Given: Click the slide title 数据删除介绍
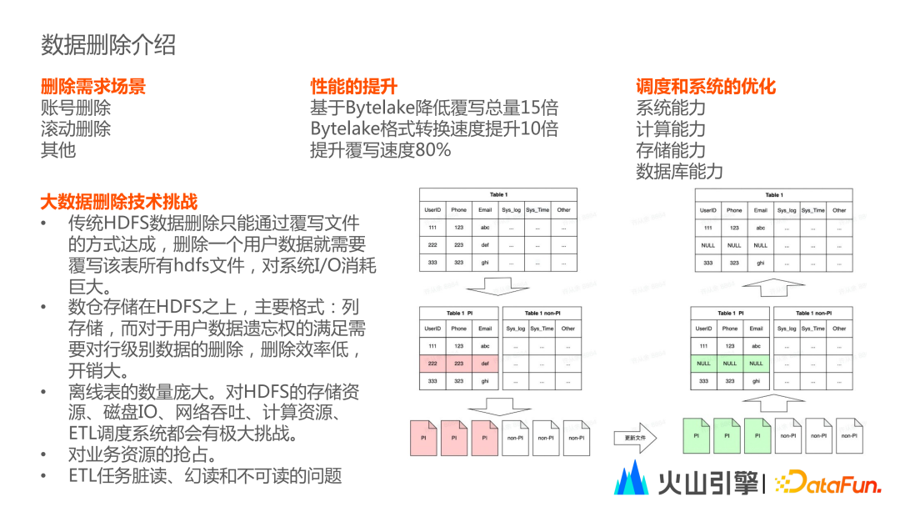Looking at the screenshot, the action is [x=108, y=44].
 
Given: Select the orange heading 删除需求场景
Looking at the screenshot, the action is [x=93, y=87].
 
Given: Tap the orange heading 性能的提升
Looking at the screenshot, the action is [x=353, y=87].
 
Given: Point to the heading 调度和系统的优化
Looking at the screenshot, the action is [x=706, y=87].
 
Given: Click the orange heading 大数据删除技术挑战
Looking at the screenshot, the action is [x=119, y=201].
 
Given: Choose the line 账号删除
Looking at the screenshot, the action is [x=76, y=108].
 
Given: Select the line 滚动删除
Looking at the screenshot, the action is [x=76, y=129].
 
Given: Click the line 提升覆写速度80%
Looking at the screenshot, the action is [x=380, y=150].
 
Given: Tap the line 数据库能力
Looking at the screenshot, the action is [x=679, y=172].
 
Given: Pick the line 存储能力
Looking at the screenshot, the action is [x=671, y=150].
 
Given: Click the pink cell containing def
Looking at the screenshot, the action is [x=484, y=363].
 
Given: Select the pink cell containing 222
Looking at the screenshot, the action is [x=432, y=363].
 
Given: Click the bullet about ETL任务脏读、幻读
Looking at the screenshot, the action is [x=205, y=477].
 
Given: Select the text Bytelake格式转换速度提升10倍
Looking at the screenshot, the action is [x=434, y=129].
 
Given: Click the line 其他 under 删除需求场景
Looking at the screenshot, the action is [x=58, y=150].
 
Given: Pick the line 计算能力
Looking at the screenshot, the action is [x=671, y=129].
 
